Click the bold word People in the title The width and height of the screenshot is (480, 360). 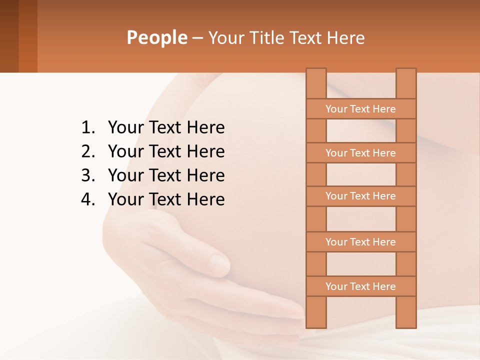[x=156, y=37]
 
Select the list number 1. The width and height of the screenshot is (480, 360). [x=87, y=128]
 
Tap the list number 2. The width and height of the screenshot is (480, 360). [x=87, y=152]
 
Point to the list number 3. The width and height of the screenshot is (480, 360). [x=87, y=176]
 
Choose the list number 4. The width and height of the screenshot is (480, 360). [x=87, y=200]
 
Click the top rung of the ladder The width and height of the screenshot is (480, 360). [x=360, y=109]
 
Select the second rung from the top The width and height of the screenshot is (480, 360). [x=360, y=153]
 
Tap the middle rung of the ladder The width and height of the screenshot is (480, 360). [x=360, y=196]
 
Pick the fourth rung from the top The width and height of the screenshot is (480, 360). [x=360, y=242]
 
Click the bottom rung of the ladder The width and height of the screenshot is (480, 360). [x=360, y=286]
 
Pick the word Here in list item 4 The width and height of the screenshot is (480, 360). [x=205, y=200]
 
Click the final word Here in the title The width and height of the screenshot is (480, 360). [x=345, y=37]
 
